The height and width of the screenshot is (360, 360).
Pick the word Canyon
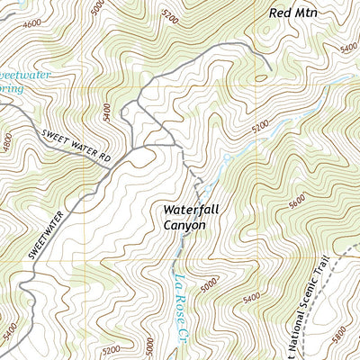click(x=184, y=225)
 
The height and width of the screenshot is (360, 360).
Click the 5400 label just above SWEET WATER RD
click(x=107, y=112)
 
